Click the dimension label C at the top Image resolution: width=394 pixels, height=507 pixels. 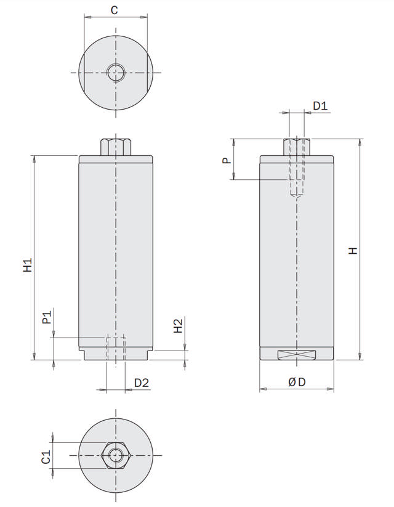[x=114, y=10]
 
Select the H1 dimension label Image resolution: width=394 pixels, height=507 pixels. [x=28, y=266]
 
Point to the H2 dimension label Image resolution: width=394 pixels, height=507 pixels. [x=178, y=326]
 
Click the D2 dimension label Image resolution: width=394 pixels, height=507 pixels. [x=142, y=383]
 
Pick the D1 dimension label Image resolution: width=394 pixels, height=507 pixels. [x=320, y=106]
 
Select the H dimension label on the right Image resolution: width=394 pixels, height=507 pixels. [x=353, y=251]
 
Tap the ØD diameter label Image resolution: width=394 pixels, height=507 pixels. [x=297, y=383]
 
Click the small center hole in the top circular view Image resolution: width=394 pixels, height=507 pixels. [x=115, y=73]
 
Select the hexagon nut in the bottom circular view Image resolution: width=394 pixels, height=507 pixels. [x=115, y=455]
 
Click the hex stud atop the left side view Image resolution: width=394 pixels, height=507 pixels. [x=115, y=147]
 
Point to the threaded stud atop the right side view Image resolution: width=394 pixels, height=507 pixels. [x=297, y=147]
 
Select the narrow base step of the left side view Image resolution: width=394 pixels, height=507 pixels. [x=116, y=356]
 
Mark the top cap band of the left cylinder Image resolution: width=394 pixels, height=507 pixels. [x=116, y=160]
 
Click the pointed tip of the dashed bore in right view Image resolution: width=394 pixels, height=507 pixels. [x=297, y=197]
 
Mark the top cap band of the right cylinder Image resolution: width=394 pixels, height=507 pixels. [x=297, y=160]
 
